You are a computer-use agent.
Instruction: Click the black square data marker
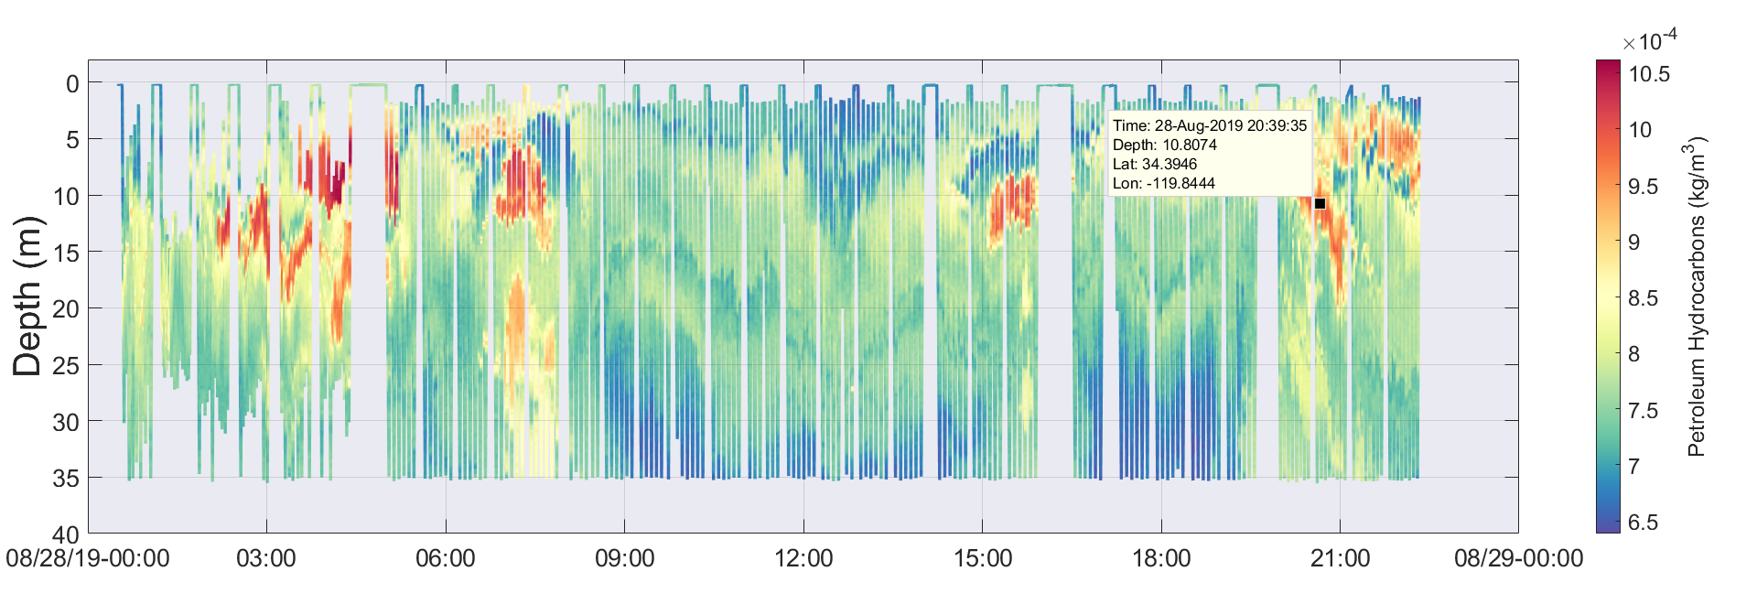click(x=1320, y=203)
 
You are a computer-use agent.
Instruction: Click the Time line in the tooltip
click(x=1210, y=126)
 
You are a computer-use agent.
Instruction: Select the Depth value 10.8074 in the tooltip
click(x=1190, y=146)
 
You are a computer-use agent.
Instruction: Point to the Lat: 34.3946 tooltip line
click(x=1155, y=165)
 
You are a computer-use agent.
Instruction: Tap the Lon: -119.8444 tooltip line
click(x=1164, y=184)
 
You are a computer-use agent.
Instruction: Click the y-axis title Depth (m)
click(x=27, y=296)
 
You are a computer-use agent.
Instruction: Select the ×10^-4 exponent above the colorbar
click(x=1650, y=40)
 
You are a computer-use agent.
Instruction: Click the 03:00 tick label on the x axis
click(x=266, y=558)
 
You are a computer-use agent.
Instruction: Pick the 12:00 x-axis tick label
click(x=803, y=558)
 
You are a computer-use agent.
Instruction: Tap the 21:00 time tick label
click(x=1340, y=558)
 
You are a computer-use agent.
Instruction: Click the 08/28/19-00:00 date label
click(x=88, y=558)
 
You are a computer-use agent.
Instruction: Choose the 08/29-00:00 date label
click(x=1518, y=558)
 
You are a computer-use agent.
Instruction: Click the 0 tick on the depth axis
click(x=72, y=84)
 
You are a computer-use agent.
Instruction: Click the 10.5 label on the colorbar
click(x=1649, y=74)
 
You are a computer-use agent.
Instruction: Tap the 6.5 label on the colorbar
click(x=1644, y=523)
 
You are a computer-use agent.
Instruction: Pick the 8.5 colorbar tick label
click(x=1644, y=298)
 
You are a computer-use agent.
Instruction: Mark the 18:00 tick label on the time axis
click(x=1161, y=558)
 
